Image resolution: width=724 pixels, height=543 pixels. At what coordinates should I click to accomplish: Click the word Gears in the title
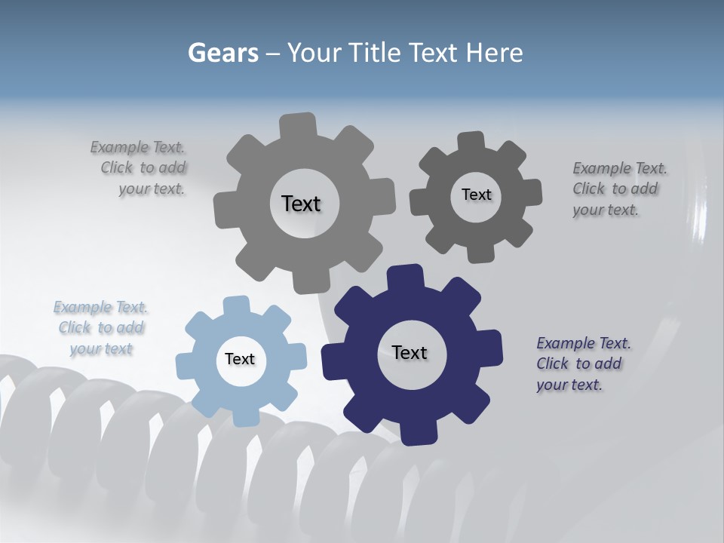click(x=223, y=53)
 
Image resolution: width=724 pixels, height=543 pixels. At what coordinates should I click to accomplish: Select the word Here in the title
click(x=495, y=53)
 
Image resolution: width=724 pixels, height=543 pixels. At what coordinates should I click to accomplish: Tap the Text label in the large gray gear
click(x=301, y=204)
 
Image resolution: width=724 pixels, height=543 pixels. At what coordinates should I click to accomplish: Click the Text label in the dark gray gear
click(x=476, y=195)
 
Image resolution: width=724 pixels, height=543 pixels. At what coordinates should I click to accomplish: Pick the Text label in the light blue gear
click(x=240, y=359)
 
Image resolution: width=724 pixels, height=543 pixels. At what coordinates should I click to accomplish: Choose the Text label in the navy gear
click(x=410, y=352)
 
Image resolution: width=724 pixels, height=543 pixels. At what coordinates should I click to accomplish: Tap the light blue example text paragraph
click(x=101, y=328)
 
